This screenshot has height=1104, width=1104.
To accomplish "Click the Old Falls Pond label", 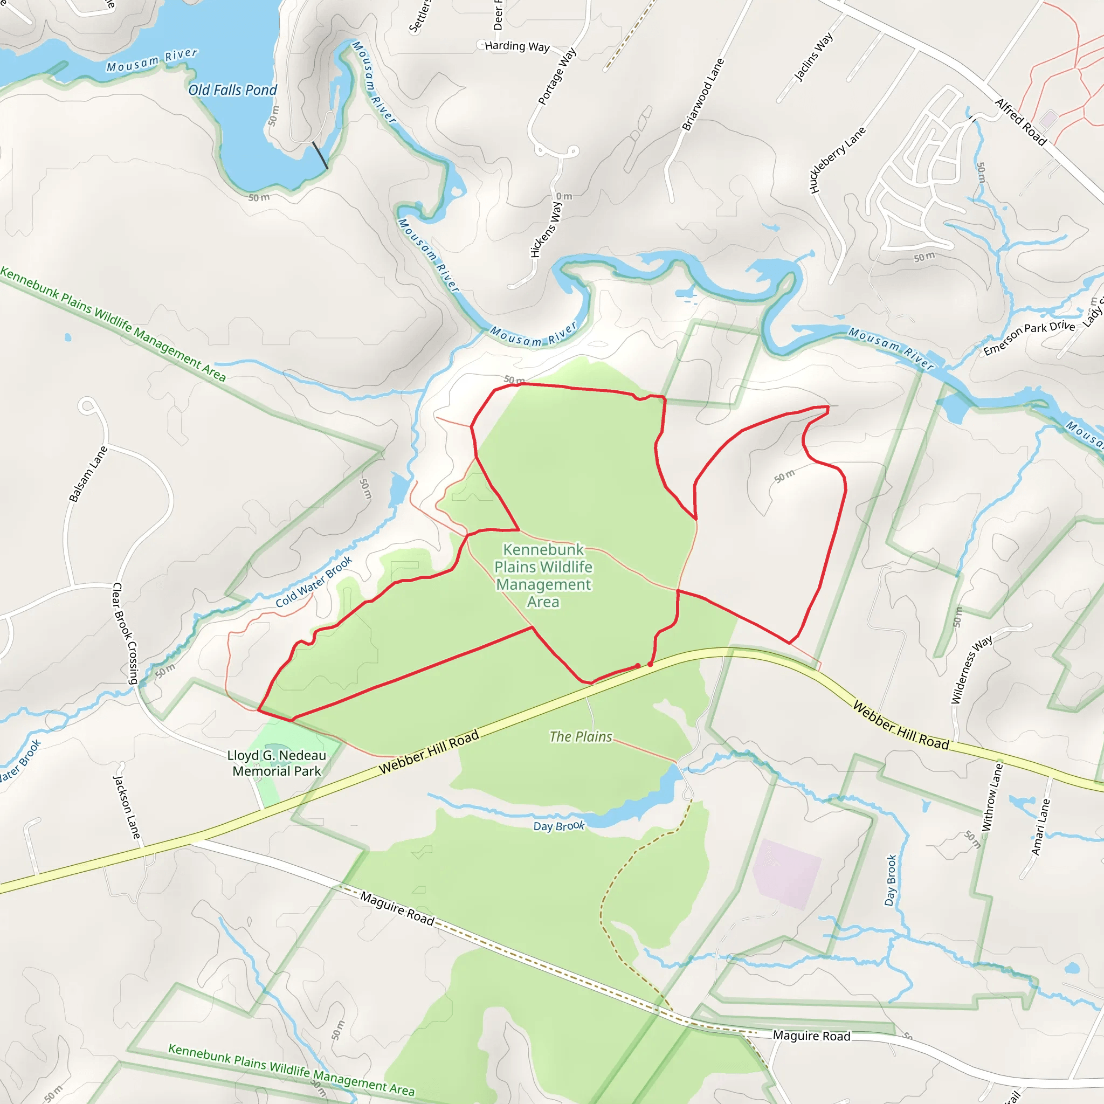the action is (232, 89).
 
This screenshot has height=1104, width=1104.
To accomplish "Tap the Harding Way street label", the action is (516, 46).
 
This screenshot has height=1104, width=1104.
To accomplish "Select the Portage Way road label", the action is (557, 77).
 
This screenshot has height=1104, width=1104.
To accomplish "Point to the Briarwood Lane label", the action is (703, 95).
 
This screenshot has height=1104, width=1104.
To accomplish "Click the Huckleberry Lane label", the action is (838, 160).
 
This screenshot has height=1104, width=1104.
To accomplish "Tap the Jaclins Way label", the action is (813, 57).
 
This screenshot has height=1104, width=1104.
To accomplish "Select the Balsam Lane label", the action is (88, 474).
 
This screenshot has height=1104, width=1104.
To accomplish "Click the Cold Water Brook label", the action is (314, 582).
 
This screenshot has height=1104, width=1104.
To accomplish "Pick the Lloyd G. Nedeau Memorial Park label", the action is (277, 763).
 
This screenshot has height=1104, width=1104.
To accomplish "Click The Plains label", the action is (581, 736).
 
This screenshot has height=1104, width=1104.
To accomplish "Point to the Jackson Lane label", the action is (126, 807).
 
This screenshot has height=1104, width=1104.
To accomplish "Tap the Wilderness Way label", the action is (971, 670).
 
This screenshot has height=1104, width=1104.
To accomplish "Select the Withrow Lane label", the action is (992, 797).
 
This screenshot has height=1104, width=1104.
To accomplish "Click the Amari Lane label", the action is (1040, 827).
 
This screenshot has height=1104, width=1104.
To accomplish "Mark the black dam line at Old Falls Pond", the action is (320, 155).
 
